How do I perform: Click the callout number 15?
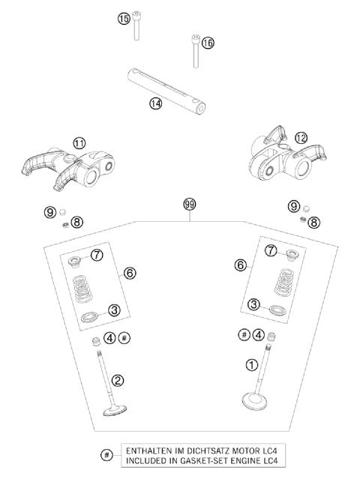[x=124, y=19]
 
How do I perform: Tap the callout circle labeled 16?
[x=208, y=43]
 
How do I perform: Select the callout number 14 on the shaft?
[x=155, y=104]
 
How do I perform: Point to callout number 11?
[x=79, y=142]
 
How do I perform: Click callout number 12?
[x=280, y=137]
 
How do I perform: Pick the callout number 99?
[x=190, y=204]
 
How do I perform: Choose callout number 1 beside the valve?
[x=252, y=365]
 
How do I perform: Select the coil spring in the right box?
[x=282, y=281]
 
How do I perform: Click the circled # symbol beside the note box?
[x=108, y=454]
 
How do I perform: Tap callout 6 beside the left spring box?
[x=130, y=274]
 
